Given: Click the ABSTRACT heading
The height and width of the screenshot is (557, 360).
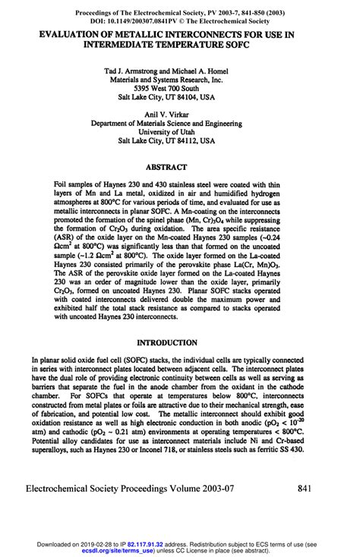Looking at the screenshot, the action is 179,165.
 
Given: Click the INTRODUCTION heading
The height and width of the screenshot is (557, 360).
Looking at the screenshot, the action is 179,342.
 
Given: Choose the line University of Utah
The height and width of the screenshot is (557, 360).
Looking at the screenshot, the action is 180,131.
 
